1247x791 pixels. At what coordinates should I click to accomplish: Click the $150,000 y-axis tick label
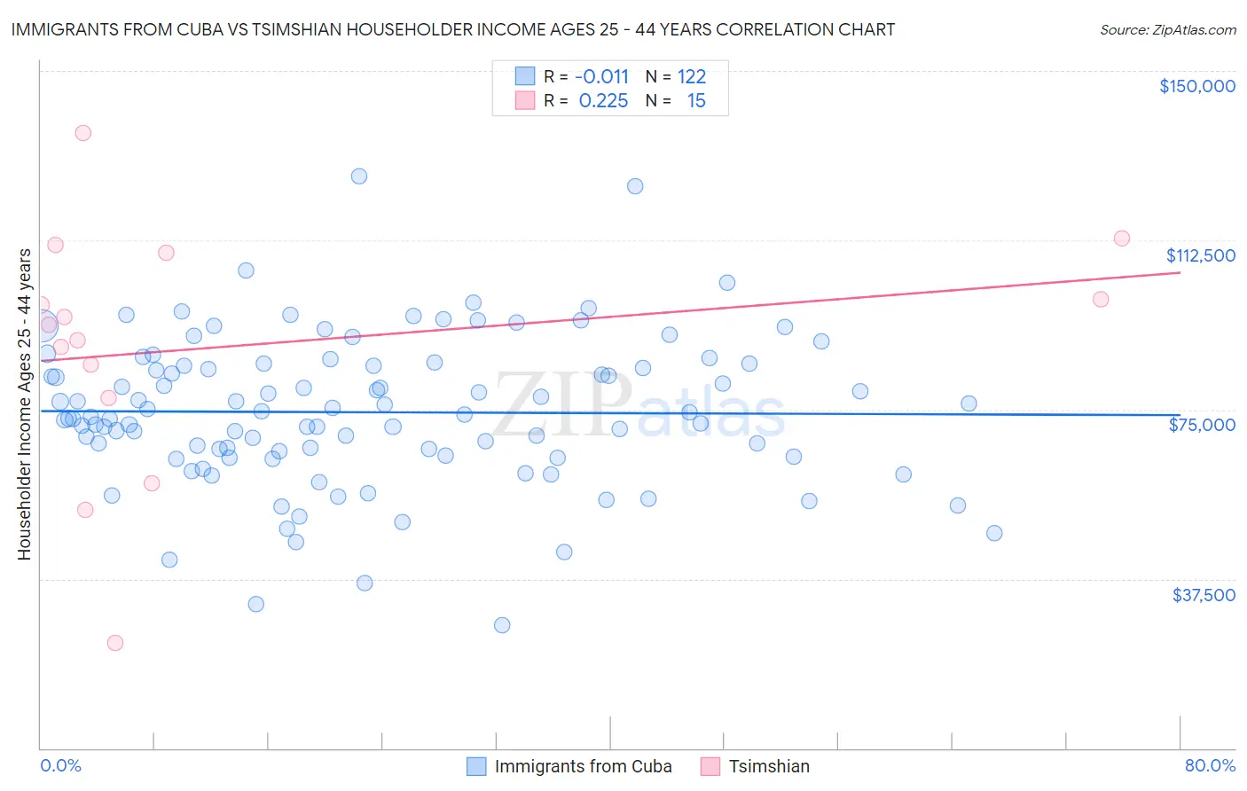[x=1196, y=86]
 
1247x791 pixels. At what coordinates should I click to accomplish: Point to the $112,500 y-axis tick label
[x=1200, y=255]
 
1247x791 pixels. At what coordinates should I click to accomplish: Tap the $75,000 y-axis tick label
[x=1202, y=425]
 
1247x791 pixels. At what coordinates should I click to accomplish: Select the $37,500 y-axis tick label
[x=1204, y=595]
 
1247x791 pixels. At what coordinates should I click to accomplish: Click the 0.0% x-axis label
[x=60, y=765]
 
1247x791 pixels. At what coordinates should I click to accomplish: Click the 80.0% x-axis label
[x=1210, y=765]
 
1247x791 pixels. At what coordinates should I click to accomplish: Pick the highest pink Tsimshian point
[x=83, y=133]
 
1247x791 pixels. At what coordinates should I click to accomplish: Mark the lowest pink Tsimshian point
[x=115, y=643]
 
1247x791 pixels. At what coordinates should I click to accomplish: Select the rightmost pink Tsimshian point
[x=1121, y=239]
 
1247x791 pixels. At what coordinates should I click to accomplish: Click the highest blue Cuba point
[x=359, y=176]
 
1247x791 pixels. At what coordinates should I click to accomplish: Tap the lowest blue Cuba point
[x=502, y=625]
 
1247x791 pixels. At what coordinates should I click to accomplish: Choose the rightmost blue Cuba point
[x=994, y=533]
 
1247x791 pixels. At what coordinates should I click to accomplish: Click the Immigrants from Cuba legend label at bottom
[x=583, y=766]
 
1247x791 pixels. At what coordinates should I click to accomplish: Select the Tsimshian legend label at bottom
[x=769, y=766]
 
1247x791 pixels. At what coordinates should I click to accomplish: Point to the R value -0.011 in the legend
[x=601, y=77]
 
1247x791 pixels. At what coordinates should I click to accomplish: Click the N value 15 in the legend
[x=696, y=101]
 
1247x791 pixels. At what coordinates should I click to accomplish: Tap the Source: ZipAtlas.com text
[x=1167, y=30]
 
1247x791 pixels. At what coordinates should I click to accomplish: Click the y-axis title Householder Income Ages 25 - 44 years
[x=25, y=404]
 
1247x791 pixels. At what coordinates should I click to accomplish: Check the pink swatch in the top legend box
[x=525, y=100]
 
